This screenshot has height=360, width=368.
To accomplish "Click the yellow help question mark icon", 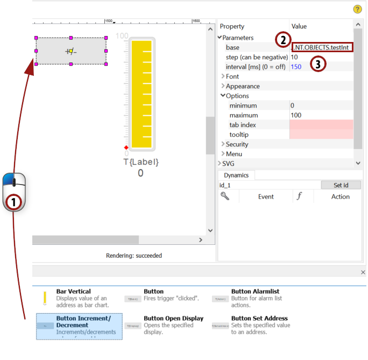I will [x=357, y=9].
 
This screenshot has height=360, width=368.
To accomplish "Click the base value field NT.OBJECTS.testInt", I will [x=322, y=47].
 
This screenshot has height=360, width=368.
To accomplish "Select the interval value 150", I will [x=296, y=67].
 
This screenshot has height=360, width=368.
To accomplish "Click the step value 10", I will [x=294, y=57].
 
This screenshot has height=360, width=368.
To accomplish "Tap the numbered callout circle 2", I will [x=282, y=40].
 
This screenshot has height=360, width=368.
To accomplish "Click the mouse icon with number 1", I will [x=14, y=192].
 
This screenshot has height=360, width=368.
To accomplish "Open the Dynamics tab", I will [x=236, y=175].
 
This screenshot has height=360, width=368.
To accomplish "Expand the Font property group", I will [x=232, y=76].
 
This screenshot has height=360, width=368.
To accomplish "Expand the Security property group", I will [x=237, y=144].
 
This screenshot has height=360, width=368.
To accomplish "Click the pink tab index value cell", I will [x=321, y=125].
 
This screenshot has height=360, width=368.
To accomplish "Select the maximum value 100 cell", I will [x=321, y=115].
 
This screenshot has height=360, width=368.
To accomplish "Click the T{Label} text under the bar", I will [x=141, y=162].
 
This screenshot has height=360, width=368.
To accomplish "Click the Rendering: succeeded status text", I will [x=134, y=256].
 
